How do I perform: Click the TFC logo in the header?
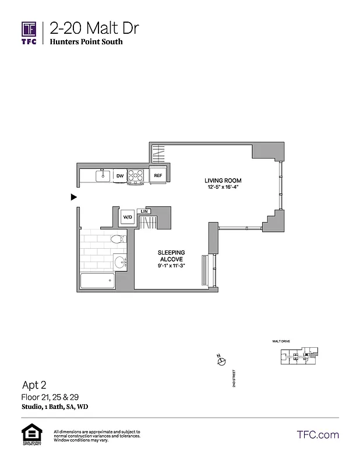pos(30,32)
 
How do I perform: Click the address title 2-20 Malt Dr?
pos(94,29)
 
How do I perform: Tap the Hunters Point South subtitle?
pos(86,42)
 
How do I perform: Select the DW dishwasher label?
pos(120,175)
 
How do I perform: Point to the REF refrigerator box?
pos(157,175)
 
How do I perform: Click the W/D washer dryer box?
pos(127,217)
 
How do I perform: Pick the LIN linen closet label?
pos(144,211)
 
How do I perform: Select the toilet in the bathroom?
pos(117,239)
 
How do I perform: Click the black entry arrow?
pos(73,197)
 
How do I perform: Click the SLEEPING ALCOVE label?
pos(171,256)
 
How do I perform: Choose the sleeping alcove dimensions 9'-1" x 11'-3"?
pos(171,266)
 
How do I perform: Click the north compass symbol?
pos(220,362)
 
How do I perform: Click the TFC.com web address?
pos(317,435)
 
